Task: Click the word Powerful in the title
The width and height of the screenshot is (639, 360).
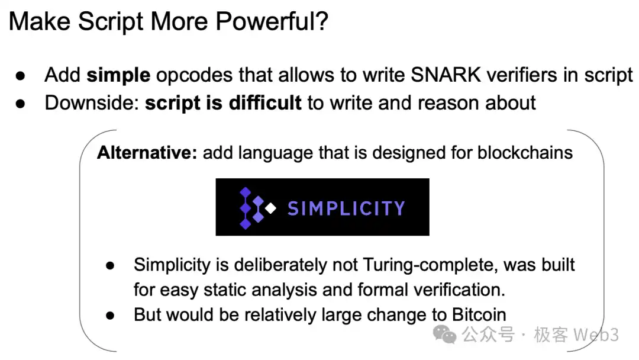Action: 272,21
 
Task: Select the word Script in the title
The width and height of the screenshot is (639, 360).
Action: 111,21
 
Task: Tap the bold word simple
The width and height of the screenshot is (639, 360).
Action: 118,75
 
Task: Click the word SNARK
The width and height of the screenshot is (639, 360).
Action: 446,75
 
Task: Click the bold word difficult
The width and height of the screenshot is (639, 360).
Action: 265,103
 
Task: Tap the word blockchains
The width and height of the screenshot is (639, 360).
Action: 525,153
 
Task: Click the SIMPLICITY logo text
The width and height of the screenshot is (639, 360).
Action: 346,208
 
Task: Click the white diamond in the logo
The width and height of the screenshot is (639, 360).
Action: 270,208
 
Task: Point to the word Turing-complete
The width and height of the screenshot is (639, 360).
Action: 430,265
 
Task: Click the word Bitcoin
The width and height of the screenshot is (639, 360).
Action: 479,315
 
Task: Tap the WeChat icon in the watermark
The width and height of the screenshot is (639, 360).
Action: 444,335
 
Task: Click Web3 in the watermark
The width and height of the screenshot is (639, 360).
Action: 596,335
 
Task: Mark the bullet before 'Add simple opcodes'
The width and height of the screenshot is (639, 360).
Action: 20,76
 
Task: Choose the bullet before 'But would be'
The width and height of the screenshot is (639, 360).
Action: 110,315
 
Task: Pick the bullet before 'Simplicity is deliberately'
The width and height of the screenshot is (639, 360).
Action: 110,266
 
